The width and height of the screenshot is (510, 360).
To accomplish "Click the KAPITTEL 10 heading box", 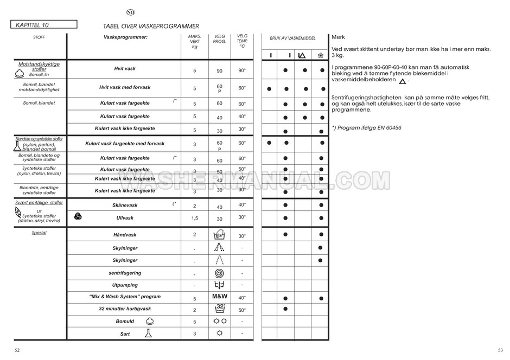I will click(43, 24).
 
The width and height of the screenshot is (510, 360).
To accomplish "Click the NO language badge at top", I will click(130, 12).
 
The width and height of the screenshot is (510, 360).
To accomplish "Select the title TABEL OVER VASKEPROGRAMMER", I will click(151, 26).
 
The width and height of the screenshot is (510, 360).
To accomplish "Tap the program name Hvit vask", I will click(125, 69).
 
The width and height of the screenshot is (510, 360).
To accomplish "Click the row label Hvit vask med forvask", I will click(125, 87).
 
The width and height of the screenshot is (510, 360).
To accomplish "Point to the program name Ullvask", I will click(125, 218).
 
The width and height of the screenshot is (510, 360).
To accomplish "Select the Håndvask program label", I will click(125, 235).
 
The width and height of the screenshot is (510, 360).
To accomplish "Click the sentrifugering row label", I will click(125, 273).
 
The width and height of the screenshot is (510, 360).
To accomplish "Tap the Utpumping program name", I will click(125, 285).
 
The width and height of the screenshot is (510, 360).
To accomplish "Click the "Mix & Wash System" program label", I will click(125, 297).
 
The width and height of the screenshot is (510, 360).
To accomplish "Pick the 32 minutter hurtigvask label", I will click(125, 308).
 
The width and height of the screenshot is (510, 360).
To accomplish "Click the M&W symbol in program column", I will click(220, 297).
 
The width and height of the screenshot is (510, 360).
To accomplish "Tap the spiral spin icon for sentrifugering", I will click(220, 273).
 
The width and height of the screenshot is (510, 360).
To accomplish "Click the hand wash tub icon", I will click(220, 235).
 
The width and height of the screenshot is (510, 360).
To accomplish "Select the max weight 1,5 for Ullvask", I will click(194, 218).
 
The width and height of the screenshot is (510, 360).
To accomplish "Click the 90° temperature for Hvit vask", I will click(242, 70).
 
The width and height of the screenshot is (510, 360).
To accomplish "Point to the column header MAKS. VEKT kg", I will click(194, 41).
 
